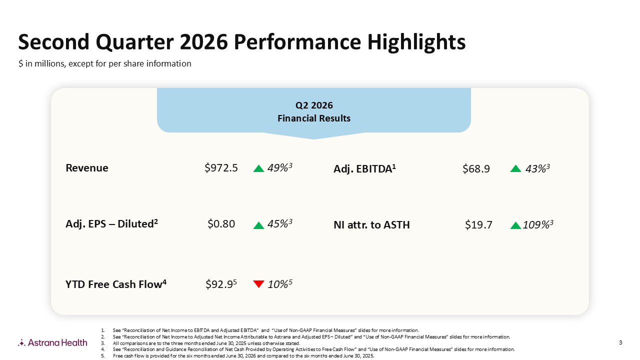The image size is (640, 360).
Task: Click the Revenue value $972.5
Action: [x=221, y=168]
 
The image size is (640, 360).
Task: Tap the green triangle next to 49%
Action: [x=258, y=168]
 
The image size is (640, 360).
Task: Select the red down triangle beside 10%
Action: [x=258, y=284]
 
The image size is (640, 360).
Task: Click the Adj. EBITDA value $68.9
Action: [x=476, y=169]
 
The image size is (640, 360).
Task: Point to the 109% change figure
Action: [x=538, y=225]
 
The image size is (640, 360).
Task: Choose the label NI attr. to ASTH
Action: [x=371, y=225]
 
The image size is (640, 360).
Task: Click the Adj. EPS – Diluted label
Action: [x=111, y=223]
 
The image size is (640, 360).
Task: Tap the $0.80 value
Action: [x=221, y=224]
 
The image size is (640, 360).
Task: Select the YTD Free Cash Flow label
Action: [x=116, y=284]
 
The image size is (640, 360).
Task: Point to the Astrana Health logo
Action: [x=52, y=342]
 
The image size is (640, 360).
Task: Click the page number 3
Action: [x=620, y=342]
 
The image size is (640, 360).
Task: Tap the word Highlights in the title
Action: [x=416, y=42]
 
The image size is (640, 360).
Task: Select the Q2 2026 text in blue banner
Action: [x=314, y=105]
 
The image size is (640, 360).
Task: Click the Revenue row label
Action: [x=87, y=168]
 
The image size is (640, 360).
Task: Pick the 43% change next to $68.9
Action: [x=537, y=169]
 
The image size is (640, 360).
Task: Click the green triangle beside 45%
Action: [x=258, y=225]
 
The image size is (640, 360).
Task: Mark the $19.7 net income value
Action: [x=478, y=225]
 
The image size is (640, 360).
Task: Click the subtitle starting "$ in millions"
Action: [x=105, y=63]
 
